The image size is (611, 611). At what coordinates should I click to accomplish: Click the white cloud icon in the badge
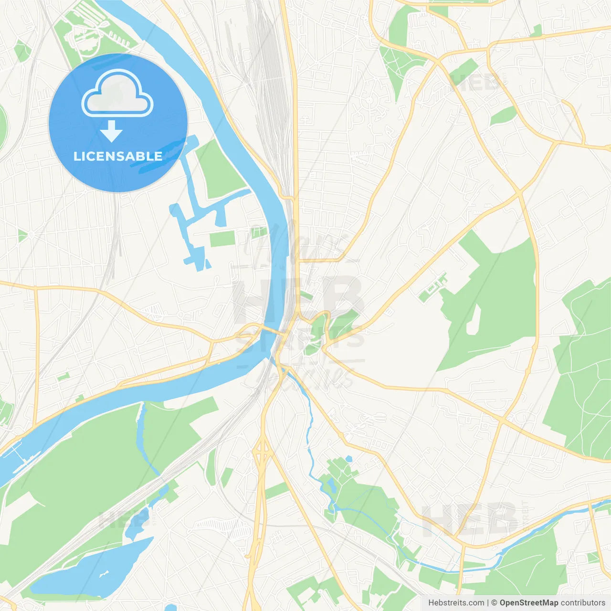click(117, 94)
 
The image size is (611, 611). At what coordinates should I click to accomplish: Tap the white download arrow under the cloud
click(112, 131)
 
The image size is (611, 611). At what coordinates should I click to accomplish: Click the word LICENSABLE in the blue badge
click(118, 156)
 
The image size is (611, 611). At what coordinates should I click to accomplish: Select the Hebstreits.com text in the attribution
click(456, 603)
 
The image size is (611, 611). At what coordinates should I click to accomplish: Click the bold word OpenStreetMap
click(528, 603)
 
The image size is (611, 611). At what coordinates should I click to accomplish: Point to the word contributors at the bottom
click(583, 603)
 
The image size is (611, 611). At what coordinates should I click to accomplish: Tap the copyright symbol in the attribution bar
click(494, 603)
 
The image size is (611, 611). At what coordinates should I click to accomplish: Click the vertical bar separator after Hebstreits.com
click(487, 603)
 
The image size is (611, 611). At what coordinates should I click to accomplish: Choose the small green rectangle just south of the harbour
click(222, 239)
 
